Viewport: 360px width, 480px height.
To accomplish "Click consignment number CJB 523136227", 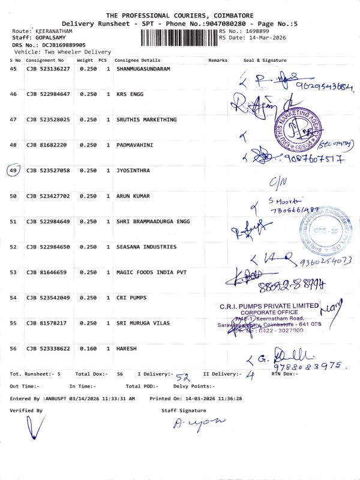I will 48,69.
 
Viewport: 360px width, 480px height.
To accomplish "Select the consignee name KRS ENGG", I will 130,94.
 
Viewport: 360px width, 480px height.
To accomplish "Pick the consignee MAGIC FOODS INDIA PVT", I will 151,272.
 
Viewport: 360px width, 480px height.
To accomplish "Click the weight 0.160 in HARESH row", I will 88,348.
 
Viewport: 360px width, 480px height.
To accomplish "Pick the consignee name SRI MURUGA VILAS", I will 143,323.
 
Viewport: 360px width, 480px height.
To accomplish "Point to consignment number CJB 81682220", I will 46,145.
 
